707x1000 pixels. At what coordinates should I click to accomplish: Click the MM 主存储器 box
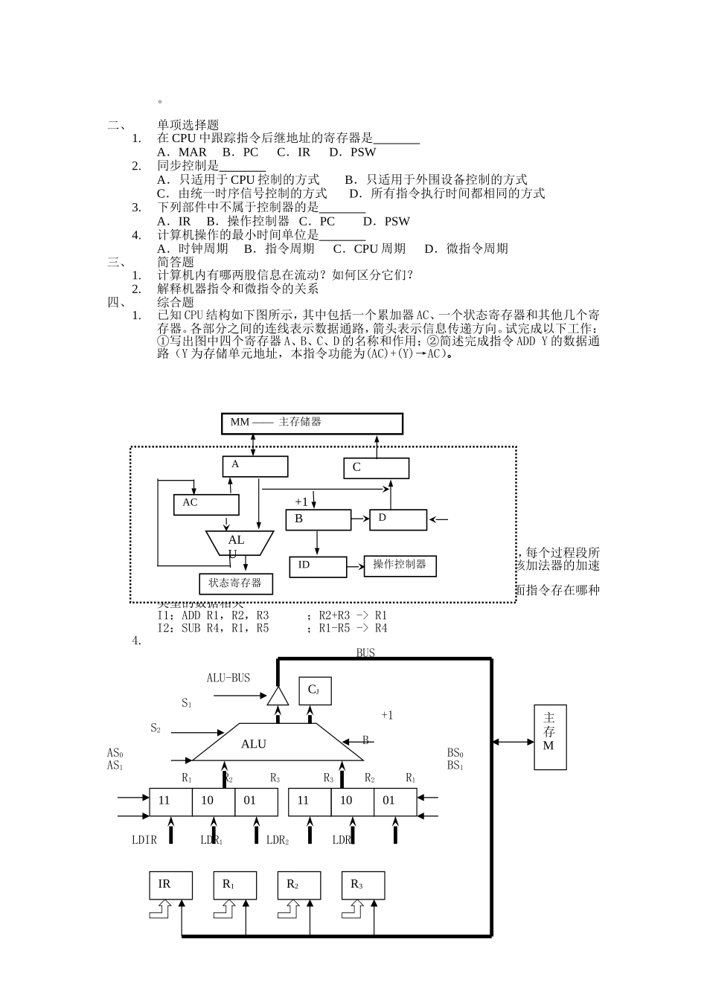312,423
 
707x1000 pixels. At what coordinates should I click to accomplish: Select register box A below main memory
255,467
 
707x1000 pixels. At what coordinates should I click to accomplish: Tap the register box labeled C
376,468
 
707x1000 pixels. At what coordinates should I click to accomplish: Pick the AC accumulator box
206,504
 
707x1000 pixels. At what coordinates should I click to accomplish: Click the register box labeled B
318,519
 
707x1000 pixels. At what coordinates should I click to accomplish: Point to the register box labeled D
398,519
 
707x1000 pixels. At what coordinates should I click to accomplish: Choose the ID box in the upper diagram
318,567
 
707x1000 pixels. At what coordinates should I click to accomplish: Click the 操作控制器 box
400,565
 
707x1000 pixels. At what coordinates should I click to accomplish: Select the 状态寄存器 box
235,583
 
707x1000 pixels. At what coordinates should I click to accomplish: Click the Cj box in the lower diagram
315,690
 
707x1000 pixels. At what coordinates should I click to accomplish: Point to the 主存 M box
549,736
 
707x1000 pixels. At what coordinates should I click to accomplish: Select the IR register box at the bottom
170,885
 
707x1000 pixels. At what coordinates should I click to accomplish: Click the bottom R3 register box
363,885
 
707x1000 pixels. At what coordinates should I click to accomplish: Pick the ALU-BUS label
228,678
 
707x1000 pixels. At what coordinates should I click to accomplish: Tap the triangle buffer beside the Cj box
278,696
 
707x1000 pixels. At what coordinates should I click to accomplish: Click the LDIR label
144,840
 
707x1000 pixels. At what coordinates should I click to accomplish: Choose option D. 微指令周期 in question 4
467,249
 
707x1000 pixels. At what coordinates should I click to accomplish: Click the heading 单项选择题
188,125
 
